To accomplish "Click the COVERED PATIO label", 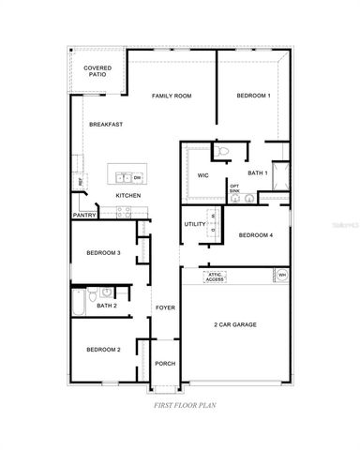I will click(97, 72).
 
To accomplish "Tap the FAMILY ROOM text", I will click(172, 96).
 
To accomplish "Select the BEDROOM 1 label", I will click(253, 96).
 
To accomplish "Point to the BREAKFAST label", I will click(106, 125).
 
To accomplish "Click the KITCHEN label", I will click(128, 195).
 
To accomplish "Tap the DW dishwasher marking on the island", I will click(137, 177).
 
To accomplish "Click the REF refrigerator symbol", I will click(79, 181).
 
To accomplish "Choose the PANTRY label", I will click(83, 216).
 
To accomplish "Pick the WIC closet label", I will click(202, 175).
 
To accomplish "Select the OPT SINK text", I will click(235, 188).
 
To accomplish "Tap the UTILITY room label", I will click(195, 224).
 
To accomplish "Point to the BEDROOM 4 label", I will click(254, 235).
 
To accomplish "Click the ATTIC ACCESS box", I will click(216, 277).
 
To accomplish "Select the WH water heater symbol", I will click(282, 275).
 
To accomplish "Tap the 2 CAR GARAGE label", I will click(234, 324).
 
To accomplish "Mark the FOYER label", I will click(165, 307).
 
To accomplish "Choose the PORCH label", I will click(165, 364).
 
